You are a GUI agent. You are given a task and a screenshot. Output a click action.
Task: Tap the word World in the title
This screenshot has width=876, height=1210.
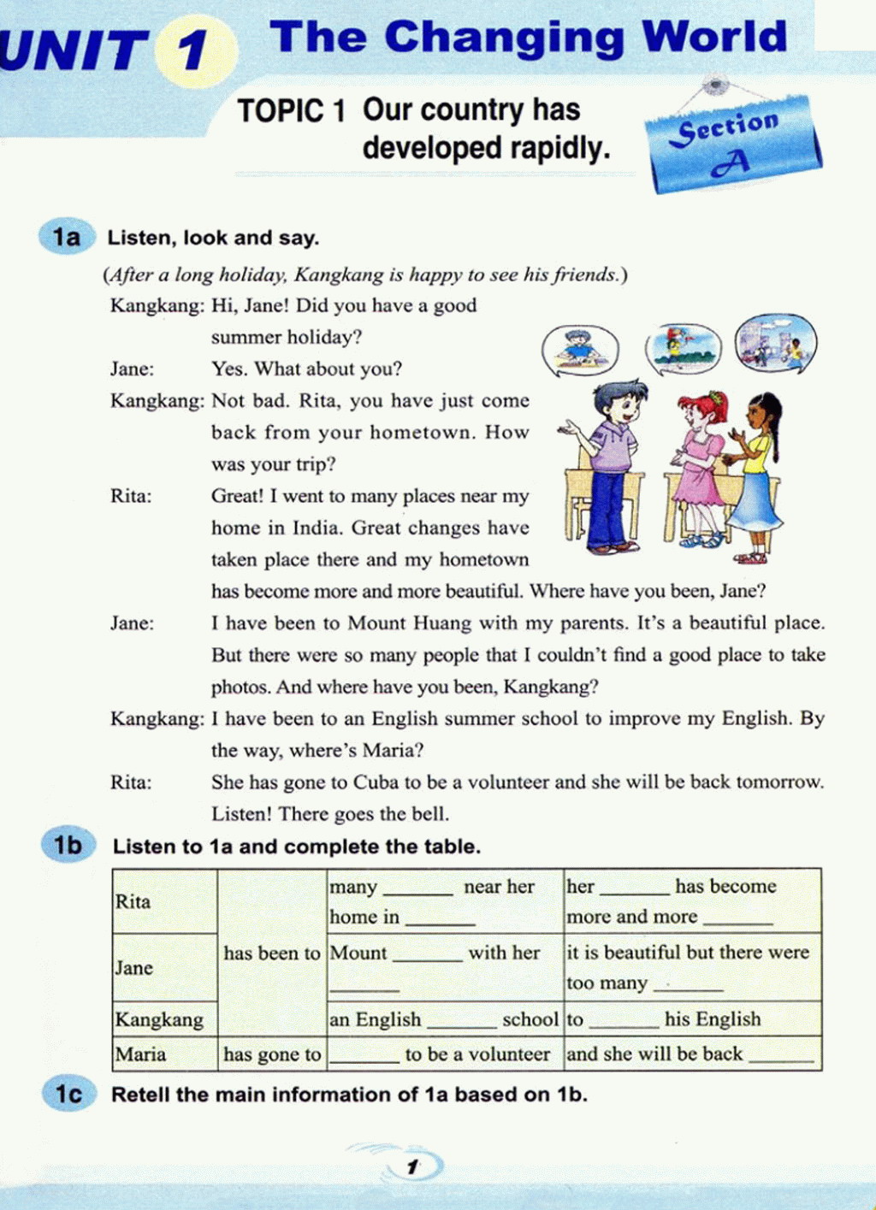click(x=714, y=37)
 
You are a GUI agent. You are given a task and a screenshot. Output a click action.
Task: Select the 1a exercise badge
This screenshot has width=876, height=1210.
click(x=65, y=237)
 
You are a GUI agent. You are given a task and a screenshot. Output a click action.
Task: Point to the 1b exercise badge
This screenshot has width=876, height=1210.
click(x=68, y=846)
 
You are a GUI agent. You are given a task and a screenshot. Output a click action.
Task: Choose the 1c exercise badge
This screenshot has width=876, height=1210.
click(x=68, y=1094)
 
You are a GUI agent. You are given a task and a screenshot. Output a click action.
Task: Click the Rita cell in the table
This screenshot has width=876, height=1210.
click(x=133, y=901)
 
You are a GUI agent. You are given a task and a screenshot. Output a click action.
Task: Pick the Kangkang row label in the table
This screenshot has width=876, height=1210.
click(x=159, y=1019)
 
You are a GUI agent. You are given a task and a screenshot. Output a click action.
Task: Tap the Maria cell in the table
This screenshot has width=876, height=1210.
click(x=141, y=1054)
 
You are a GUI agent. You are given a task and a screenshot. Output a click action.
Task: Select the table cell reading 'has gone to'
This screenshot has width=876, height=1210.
click(x=272, y=1054)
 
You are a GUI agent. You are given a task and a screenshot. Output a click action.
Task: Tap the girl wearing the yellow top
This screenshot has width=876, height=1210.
click(x=758, y=475)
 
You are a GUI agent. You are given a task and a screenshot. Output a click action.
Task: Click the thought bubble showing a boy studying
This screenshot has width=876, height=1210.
click(x=580, y=351)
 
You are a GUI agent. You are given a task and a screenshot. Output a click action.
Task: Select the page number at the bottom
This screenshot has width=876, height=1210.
click(x=413, y=1166)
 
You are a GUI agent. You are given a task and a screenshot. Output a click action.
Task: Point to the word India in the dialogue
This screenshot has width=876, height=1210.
click(x=318, y=528)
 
